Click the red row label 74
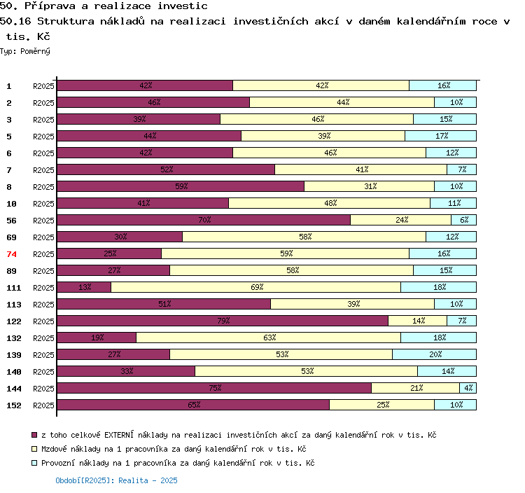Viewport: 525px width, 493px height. [11, 254]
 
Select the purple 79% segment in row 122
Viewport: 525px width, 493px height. [223, 321]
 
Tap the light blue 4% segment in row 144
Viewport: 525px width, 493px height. [468, 388]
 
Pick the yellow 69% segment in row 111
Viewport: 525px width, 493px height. [255, 287]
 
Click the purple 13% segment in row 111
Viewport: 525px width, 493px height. [84, 287]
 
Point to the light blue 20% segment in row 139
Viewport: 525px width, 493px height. [434, 354]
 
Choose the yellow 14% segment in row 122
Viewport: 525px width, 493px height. [417, 321]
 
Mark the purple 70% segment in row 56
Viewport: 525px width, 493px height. [204, 220]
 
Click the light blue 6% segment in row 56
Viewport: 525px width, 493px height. [463, 220]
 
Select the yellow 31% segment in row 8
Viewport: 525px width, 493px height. [370, 186]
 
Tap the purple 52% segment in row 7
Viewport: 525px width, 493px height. [166, 169]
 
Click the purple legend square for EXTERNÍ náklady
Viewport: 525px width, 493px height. [34, 435]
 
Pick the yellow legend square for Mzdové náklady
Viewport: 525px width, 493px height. [34, 449]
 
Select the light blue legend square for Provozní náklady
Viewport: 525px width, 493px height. [34, 463]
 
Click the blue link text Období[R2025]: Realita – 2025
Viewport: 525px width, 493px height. [116, 480]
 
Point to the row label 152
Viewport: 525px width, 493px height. [14, 405]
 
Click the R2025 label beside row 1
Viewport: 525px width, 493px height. [43, 86]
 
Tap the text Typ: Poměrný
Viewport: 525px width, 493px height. [25, 51]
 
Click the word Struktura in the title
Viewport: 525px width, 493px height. [66, 22]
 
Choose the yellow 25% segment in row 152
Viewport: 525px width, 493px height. [382, 405]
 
